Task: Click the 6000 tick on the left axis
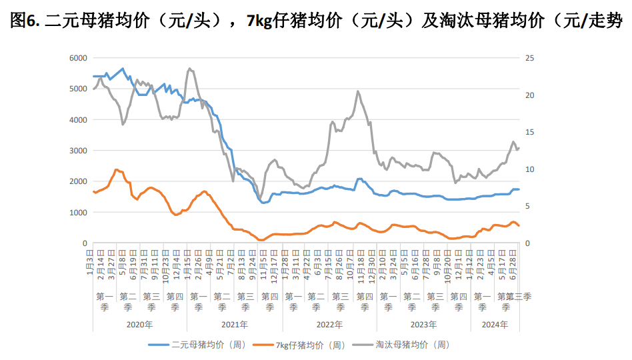point(78,58)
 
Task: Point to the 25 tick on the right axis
point(531,58)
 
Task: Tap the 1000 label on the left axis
point(78,213)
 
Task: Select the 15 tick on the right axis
point(531,132)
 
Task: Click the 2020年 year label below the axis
point(139,325)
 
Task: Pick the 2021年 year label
point(235,325)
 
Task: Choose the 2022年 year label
point(329,325)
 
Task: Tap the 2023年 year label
point(424,325)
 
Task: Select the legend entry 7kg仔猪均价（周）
point(311,345)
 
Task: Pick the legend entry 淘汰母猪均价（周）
point(413,345)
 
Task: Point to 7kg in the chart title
point(258,21)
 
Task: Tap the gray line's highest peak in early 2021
point(190,68)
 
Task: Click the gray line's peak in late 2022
point(358,91)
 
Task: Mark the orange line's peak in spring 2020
point(116,169)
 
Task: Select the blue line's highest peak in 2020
point(122,69)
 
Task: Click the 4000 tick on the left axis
point(78,120)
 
